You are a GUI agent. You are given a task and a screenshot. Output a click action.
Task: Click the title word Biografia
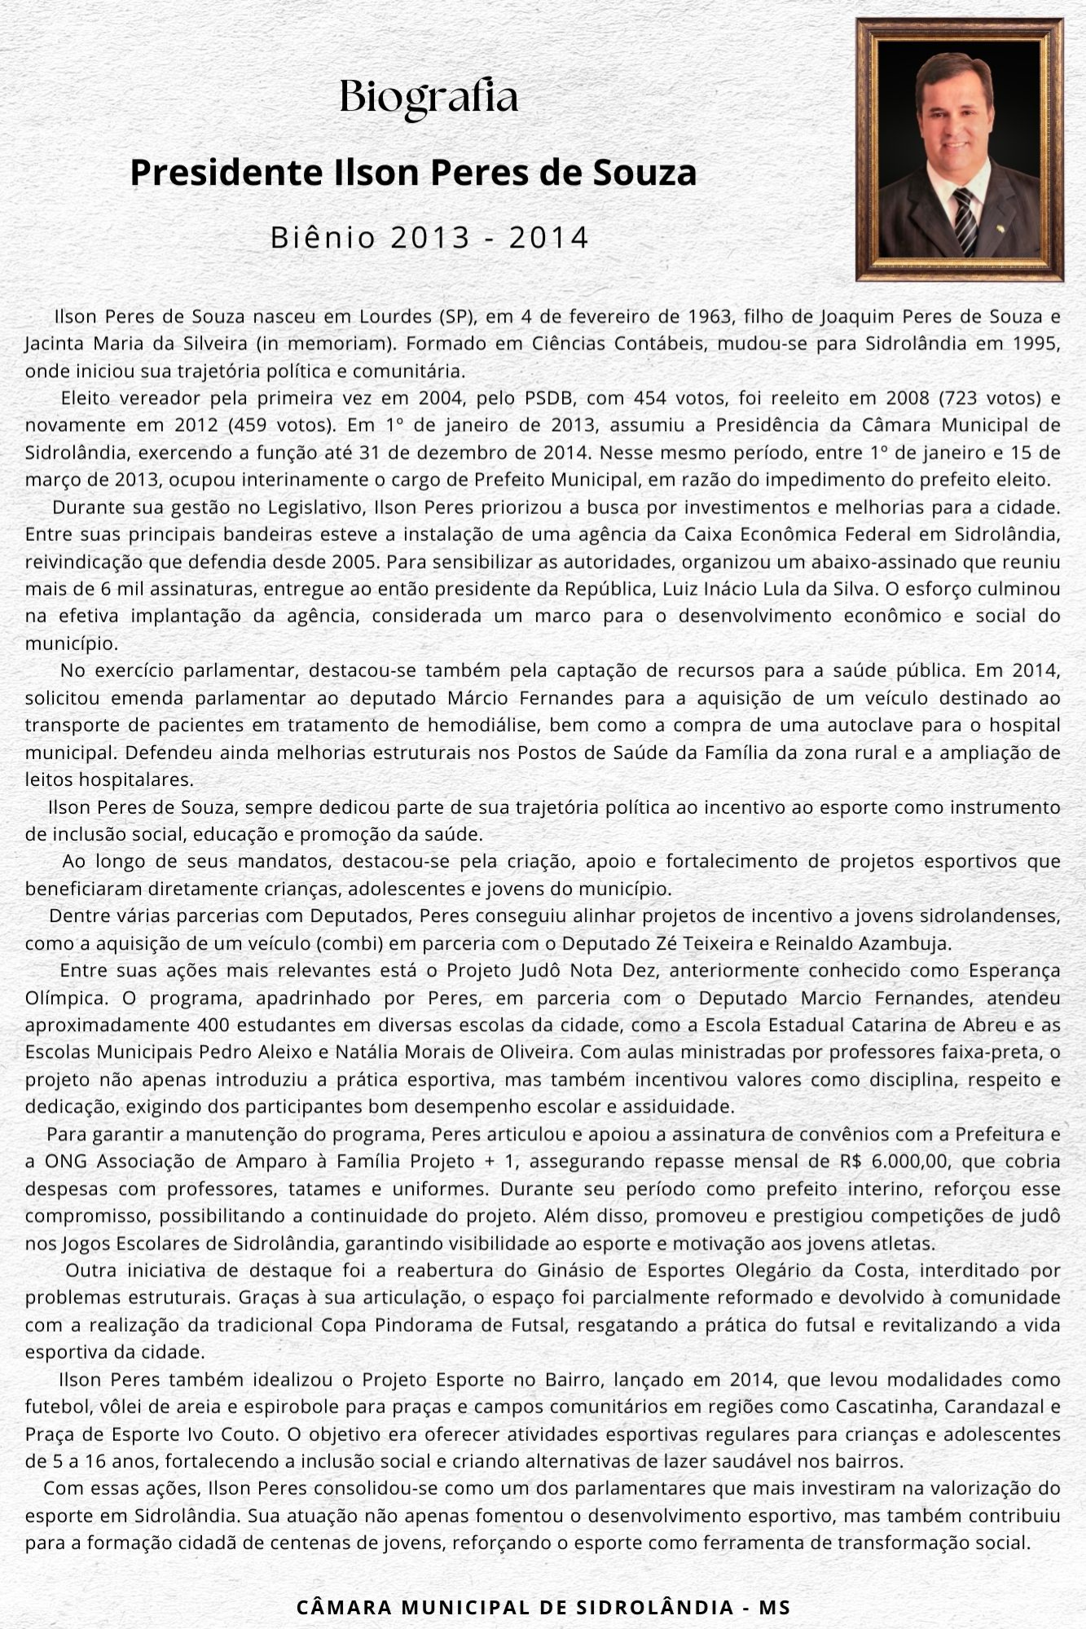click(x=429, y=98)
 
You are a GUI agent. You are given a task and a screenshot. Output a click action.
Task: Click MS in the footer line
click(x=774, y=1607)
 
